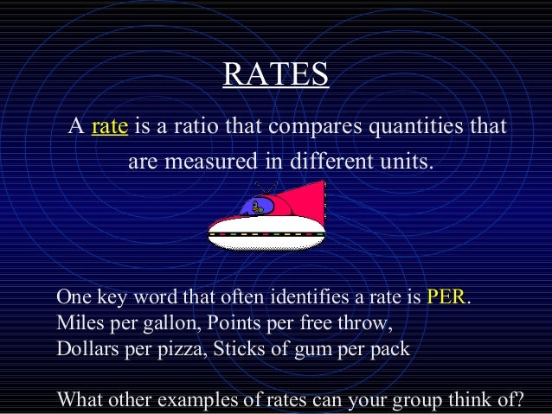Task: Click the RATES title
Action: tap(275, 74)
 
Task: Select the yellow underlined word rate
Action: tap(110, 127)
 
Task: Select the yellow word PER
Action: tap(446, 298)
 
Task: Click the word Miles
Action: tap(77, 324)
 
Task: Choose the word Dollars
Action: tap(87, 350)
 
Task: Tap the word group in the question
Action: tap(418, 402)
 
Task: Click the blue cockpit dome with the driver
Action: tap(257, 206)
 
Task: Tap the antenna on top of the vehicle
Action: tap(271, 187)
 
